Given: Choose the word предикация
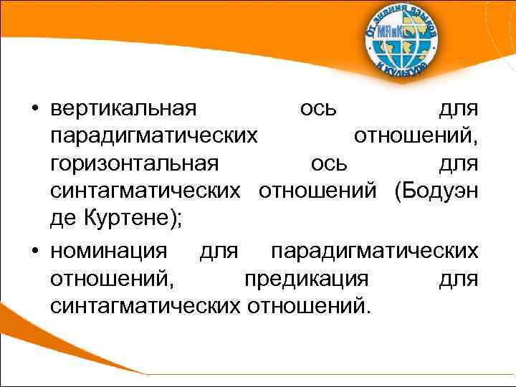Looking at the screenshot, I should pyautogui.click(x=307, y=279).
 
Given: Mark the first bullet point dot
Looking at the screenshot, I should pyautogui.click(x=34, y=110).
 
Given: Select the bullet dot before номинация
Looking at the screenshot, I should pyautogui.click(x=34, y=252).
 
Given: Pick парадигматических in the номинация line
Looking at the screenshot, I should pyautogui.click(x=374, y=252).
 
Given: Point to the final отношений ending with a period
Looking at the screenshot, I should pyautogui.click(x=310, y=306).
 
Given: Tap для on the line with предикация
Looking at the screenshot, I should pyautogui.click(x=459, y=279).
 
